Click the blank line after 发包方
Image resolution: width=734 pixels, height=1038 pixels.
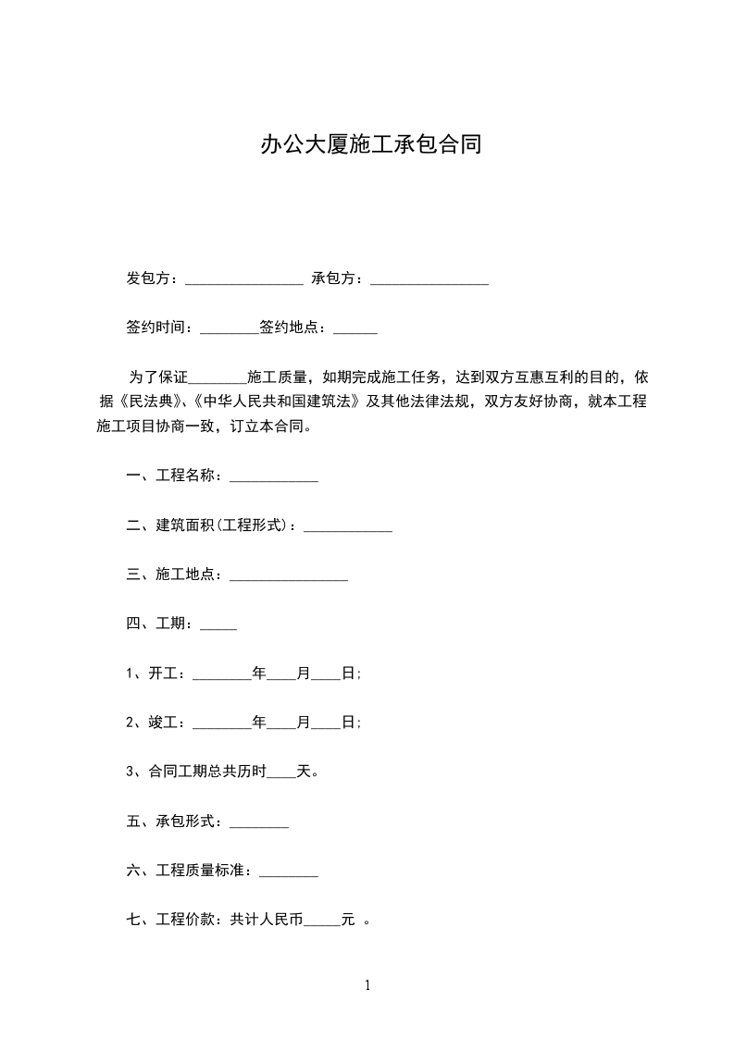[x=244, y=279]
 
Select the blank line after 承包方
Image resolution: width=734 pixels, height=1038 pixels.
[x=429, y=279]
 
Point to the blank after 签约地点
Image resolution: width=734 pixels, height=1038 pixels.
[x=355, y=329]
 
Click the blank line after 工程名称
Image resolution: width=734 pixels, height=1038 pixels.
[x=274, y=477]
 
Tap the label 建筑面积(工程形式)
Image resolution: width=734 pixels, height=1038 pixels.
[x=227, y=526]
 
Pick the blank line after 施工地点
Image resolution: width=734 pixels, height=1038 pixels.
[x=289, y=576]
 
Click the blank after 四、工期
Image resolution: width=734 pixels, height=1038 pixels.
[x=218, y=626]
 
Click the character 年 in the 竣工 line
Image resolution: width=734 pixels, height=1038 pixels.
[x=259, y=723]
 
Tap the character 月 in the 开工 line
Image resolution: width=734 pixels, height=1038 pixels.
[x=304, y=673]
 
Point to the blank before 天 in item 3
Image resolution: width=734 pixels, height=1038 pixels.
[x=281, y=773]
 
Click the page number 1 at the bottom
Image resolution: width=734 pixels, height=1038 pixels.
[x=367, y=985]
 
